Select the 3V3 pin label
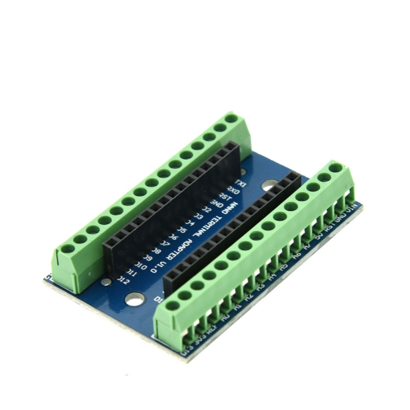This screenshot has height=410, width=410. tap(199, 340)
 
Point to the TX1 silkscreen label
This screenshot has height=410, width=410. tap(242, 184)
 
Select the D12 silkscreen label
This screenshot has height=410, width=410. tap(123, 280)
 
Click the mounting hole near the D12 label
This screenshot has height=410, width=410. tap(135, 299)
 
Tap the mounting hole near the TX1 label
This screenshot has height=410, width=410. tap(268, 186)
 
